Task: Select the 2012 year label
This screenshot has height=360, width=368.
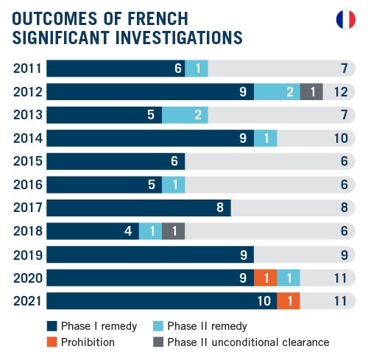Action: (27, 91)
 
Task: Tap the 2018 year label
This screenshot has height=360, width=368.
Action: (27, 231)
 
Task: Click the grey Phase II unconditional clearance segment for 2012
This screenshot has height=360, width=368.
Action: (312, 91)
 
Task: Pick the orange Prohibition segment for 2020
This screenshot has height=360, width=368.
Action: (265, 278)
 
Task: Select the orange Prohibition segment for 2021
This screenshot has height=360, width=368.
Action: (289, 301)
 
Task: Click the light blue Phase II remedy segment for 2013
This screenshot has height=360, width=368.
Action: (185, 115)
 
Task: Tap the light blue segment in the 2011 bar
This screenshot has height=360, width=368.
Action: (197, 68)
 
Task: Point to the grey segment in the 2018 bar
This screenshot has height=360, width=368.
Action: (173, 231)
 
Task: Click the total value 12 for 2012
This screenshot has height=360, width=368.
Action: (339, 91)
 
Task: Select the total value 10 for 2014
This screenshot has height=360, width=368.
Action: (339, 138)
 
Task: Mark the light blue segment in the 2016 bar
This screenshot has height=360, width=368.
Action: (173, 185)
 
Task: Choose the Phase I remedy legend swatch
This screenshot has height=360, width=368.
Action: (52, 326)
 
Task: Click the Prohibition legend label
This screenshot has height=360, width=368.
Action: (88, 342)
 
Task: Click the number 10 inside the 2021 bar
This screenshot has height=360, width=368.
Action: (263, 301)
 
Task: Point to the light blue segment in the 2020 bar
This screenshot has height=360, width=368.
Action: (289, 278)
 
